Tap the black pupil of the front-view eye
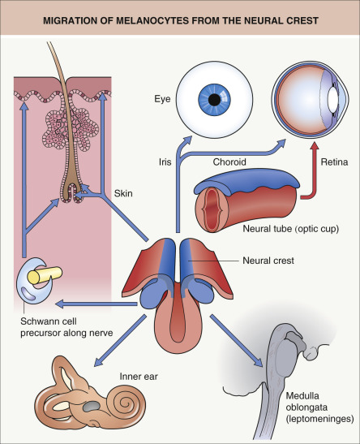214,100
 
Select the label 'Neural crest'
272,261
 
